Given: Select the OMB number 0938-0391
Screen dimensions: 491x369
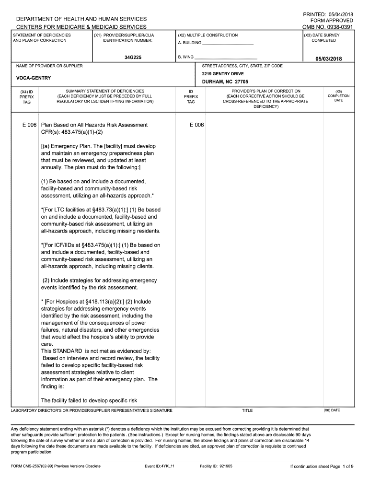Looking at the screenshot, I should (x=336, y=27).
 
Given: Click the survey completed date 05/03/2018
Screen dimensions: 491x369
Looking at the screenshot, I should (x=328, y=58).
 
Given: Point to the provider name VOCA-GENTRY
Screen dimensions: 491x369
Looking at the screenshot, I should (x=34, y=78).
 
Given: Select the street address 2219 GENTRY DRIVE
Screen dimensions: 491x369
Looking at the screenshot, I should (x=223, y=74).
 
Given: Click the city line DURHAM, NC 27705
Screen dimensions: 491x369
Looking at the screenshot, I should (x=225, y=82).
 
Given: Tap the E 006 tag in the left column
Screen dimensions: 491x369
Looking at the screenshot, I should (x=30, y=125).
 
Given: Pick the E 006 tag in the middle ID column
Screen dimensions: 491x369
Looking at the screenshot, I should (x=196, y=125).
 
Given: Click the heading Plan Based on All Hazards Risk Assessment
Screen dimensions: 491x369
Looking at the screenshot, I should (x=94, y=125).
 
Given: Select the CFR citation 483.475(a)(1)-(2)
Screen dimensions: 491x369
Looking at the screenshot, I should (x=72, y=132).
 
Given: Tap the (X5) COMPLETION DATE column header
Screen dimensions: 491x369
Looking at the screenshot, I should (x=338, y=96).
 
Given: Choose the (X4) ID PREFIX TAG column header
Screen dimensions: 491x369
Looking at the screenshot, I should (x=27, y=96).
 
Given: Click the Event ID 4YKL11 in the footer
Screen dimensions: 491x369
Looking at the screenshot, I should (x=160, y=466).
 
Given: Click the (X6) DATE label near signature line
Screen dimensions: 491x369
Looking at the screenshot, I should (x=332, y=410).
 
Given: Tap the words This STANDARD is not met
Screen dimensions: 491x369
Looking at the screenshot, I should (x=77, y=351).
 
